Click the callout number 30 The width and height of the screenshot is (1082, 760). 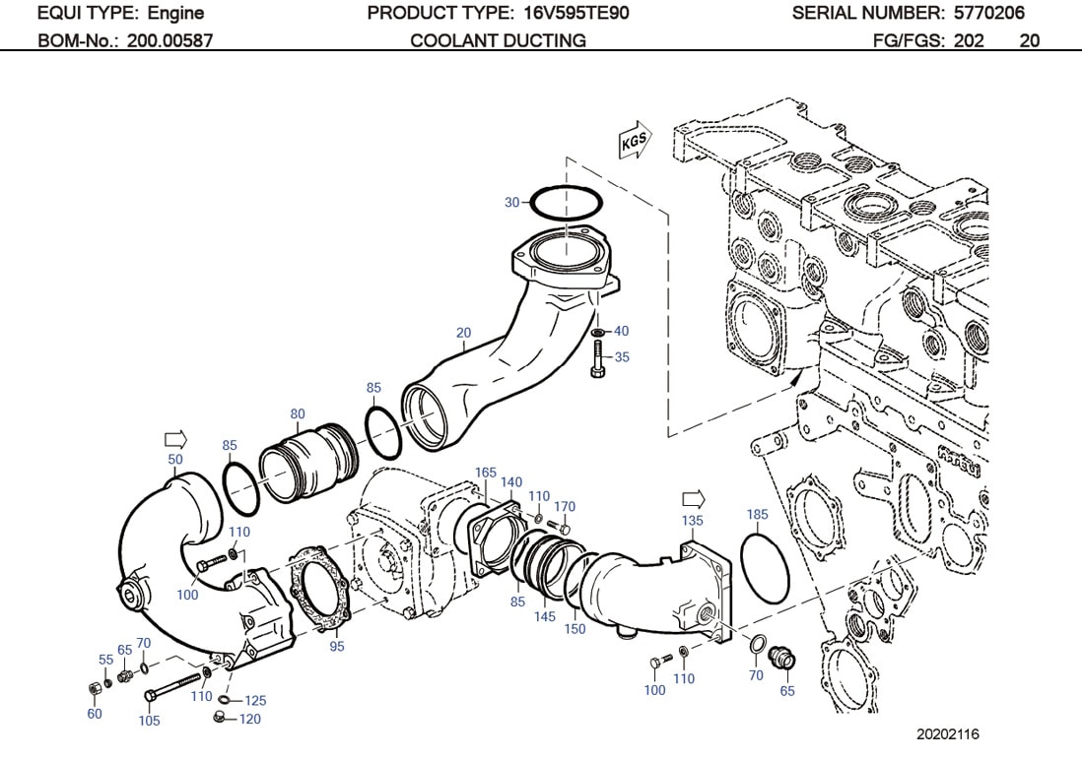click(511, 203)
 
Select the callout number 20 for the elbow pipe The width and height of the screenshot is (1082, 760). click(463, 332)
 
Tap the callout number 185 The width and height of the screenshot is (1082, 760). click(757, 515)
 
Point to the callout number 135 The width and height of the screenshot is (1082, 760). click(692, 520)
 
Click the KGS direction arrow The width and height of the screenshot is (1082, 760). click(633, 143)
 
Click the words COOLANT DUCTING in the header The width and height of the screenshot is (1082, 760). click(498, 40)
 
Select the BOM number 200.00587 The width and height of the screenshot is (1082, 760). click(169, 40)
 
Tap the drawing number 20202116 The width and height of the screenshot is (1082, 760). click(947, 734)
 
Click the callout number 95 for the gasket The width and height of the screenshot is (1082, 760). click(337, 646)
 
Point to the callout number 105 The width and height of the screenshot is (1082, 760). click(149, 721)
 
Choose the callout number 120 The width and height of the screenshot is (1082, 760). click(250, 720)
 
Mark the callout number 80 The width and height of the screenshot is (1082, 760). click(297, 413)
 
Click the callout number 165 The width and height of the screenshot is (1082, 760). click(486, 473)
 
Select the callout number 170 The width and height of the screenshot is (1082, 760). click(564, 507)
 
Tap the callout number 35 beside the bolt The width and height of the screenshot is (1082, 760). click(622, 357)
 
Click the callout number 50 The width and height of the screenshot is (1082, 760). click(175, 460)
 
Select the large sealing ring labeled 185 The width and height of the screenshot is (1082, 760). click(766, 567)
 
